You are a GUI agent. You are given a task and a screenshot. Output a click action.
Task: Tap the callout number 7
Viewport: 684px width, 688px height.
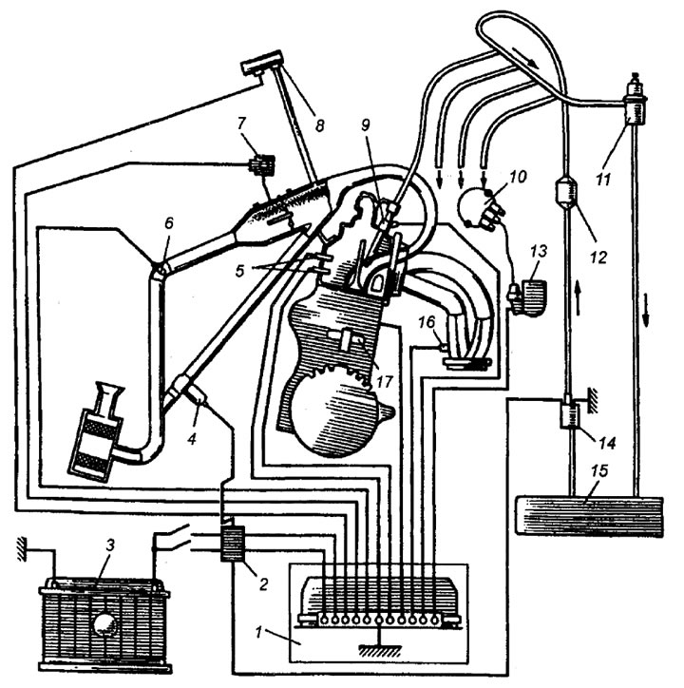[x=242, y=124]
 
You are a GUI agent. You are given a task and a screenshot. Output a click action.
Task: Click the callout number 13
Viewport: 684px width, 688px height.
[x=541, y=251]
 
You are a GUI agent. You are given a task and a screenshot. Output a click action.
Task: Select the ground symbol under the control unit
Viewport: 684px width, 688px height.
[x=380, y=649]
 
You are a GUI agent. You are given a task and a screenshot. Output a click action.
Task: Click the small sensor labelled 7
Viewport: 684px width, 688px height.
[x=259, y=168]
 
